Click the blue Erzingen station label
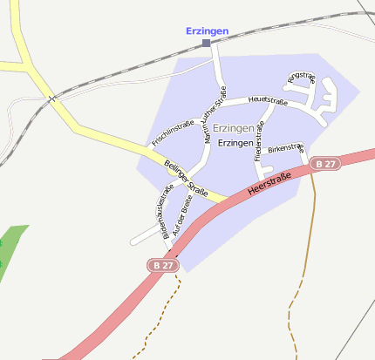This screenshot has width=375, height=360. [207, 31]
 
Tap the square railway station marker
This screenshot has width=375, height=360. [207, 42]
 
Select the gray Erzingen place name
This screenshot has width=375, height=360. [233, 128]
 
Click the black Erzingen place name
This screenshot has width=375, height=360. [235, 142]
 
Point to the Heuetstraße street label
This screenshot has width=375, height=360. [268, 100]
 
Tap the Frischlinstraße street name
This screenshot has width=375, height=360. [173, 132]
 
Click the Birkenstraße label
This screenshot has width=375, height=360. [285, 149]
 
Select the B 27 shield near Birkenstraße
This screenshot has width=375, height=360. [325, 164]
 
